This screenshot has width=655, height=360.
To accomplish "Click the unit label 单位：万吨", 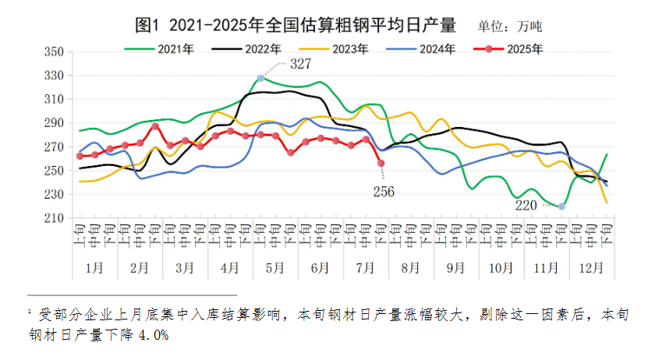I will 511,26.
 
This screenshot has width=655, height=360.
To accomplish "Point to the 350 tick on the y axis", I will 53,52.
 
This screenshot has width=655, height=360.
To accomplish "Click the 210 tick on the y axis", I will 53,218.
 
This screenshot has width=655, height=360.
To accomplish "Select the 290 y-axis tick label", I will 53,123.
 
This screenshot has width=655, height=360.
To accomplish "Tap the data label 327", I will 301,64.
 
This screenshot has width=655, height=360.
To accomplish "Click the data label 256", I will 384,192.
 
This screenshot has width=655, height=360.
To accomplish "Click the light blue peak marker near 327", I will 260,78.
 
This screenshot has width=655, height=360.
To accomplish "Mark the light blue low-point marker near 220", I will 562,206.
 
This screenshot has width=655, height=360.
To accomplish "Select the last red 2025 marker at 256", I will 381,164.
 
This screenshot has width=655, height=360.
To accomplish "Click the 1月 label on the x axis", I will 94,267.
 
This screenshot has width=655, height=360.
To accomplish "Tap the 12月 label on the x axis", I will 592,267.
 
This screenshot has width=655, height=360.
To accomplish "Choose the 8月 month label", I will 411,267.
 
